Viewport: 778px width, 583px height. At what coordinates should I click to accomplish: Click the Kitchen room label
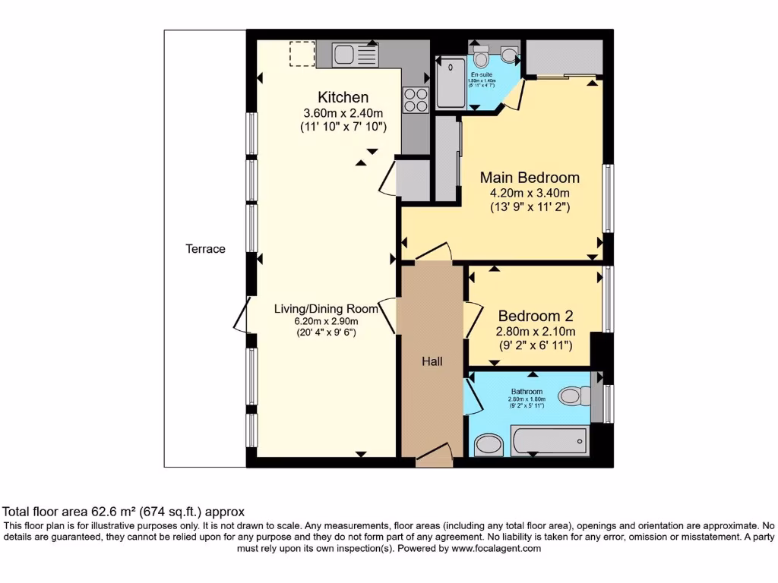[x=343, y=97]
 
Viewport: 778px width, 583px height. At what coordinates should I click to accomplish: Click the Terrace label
[x=206, y=248]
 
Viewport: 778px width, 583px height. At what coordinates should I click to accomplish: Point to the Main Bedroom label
[x=530, y=178]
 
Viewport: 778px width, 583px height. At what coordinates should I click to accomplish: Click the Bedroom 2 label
[x=535, y=316]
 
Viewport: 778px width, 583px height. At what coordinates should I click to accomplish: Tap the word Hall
[x=432, y=361]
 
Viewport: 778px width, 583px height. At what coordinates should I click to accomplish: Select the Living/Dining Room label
[x=326, y=309]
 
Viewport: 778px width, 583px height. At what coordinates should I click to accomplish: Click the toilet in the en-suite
[x=480, y=57]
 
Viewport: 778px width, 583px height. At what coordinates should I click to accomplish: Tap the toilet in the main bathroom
[x=572, y=395]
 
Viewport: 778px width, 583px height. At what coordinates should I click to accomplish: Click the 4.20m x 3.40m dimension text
[x=530, y=193]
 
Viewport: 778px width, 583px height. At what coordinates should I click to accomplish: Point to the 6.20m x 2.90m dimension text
[x=326, y=321]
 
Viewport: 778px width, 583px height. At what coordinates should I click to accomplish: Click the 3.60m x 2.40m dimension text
[x=343, y=113]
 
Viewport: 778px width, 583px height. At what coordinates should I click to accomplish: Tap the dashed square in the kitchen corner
[x=302, y=54]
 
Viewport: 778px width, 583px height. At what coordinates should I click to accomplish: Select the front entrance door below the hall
[x=434, y=457]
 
